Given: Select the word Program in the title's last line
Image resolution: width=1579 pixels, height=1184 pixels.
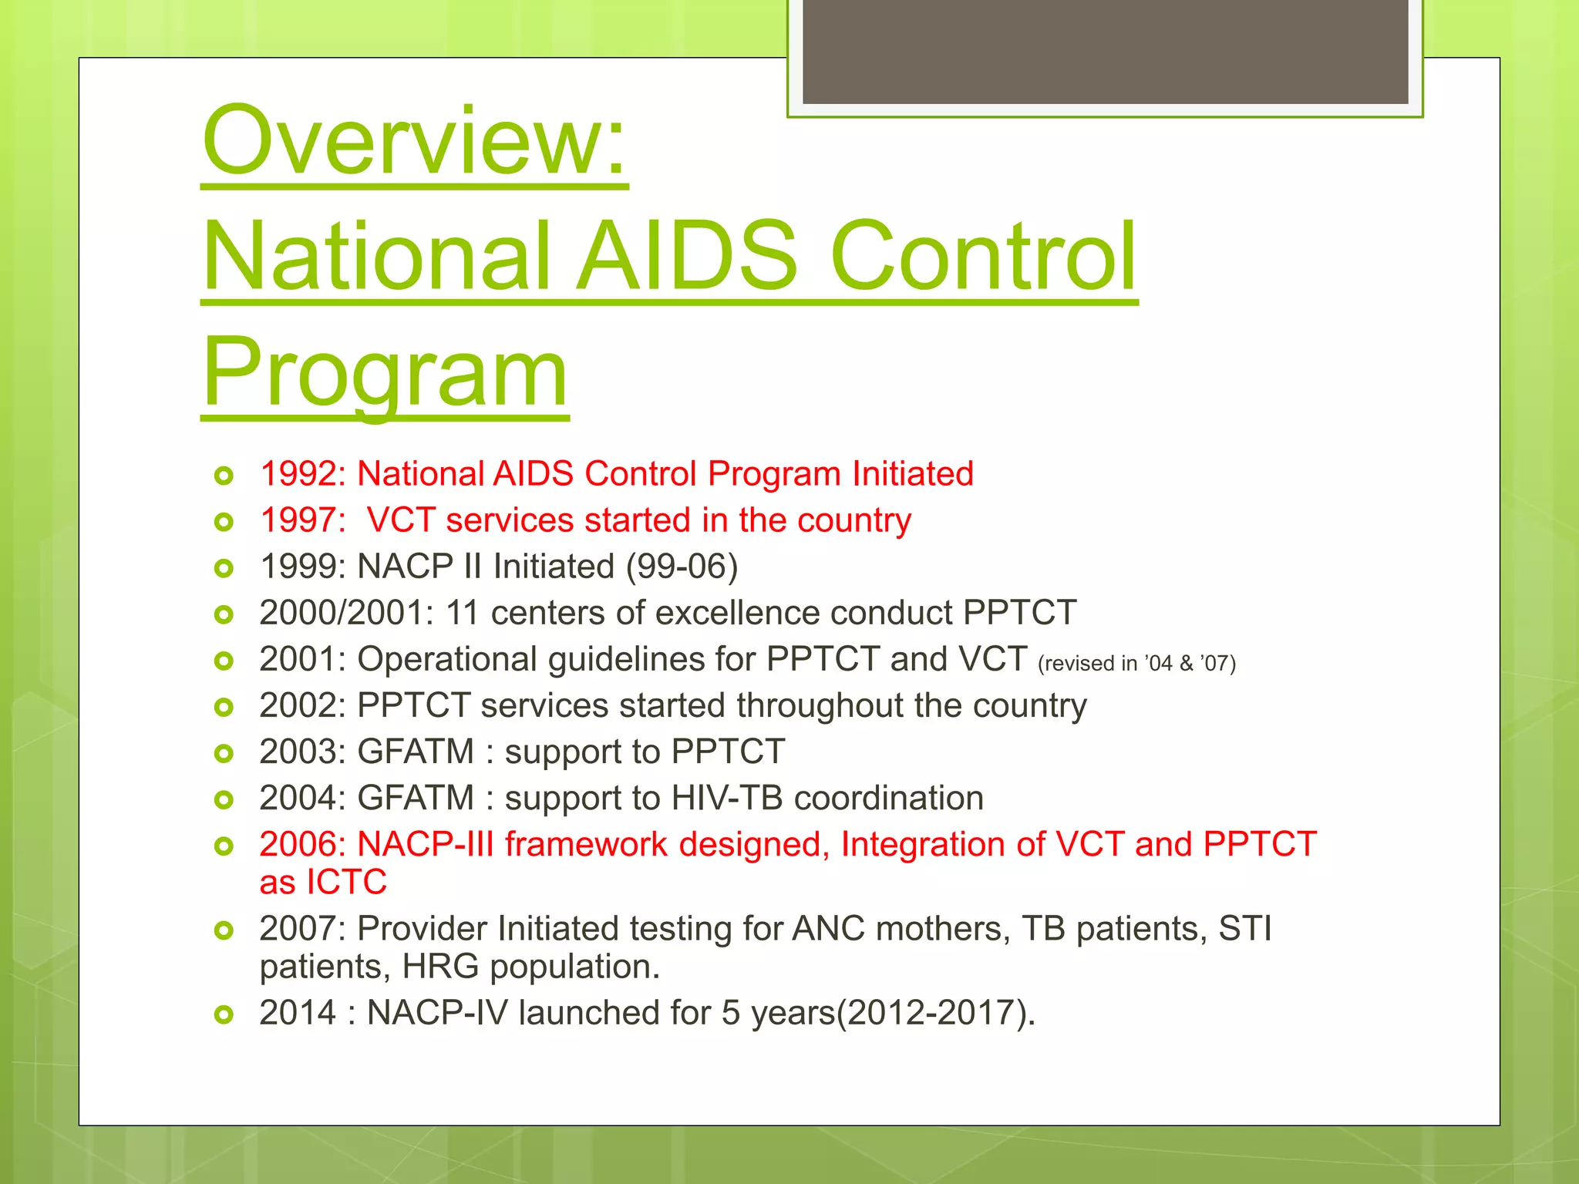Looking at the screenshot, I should pyautogui.click(x=385, y=374).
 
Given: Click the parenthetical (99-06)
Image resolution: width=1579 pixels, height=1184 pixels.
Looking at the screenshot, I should pyautogui.click(x=682, y=567).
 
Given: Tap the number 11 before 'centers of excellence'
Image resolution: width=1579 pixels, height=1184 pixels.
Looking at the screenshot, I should pyautogui.click(x=463, y=613).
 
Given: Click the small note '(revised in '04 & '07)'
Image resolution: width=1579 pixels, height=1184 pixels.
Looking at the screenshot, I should pyautogui.click(x=1136, y=664).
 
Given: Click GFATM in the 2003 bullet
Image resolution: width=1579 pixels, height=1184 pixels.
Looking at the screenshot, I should pyautogui.click(x=416, y=752).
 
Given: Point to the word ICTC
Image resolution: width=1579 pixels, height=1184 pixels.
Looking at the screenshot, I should pyautogui.click(x=346, y=882).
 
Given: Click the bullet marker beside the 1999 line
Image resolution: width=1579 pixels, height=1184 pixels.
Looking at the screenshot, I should pyautogui.click(x=224, y=569).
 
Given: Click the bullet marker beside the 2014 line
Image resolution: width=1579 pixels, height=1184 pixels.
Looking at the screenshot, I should pyautogui.click(x=224, y=1014).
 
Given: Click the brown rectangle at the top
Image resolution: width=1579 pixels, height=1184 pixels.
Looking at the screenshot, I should pyautogui.click(x=1105, y=51).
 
